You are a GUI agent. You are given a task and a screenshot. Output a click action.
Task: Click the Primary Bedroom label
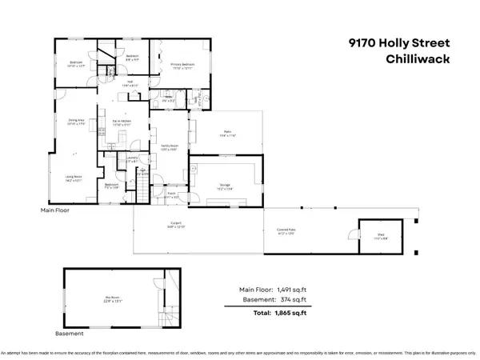[183, 64]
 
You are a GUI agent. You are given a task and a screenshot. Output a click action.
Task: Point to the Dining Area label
[76, 122]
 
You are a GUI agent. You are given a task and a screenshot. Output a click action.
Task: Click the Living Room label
[74, 180]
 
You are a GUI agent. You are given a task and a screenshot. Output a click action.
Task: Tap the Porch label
[171, 193]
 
